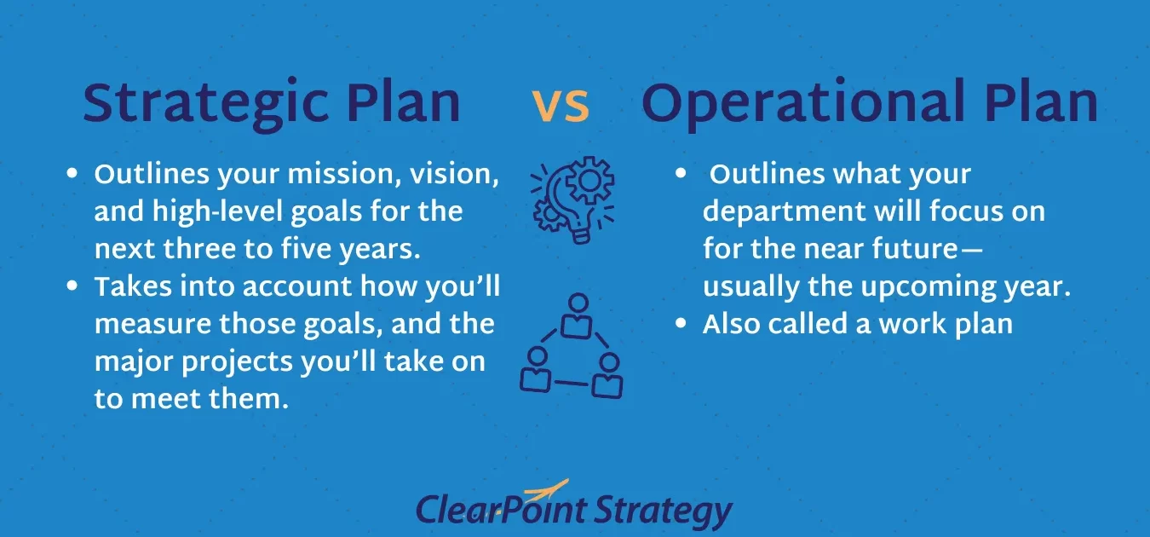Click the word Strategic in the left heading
tap(205, 104)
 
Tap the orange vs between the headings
tap(561, 106)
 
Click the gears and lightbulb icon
tap(572, 200)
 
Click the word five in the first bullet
tap(304, 249)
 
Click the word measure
tap(152, 324)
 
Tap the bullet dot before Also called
tap(681, 323)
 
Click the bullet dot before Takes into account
tap(72, 286)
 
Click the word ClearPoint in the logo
tap(501, 511)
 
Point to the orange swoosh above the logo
tap(545, 489)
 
